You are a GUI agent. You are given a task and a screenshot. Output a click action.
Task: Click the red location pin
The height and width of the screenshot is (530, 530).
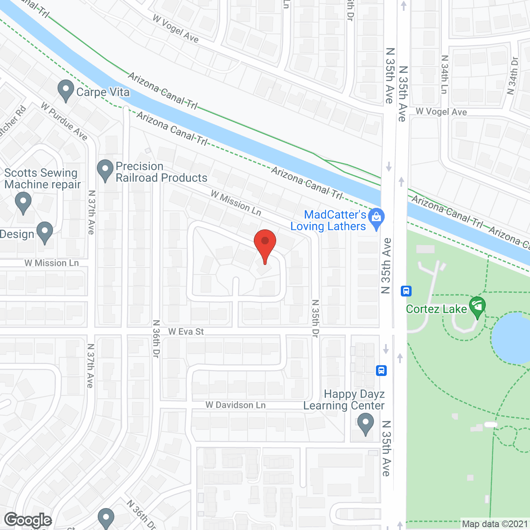265,244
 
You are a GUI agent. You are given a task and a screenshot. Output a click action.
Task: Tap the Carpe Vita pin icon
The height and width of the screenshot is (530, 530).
65,90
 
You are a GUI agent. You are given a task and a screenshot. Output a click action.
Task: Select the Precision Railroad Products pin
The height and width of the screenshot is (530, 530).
105,170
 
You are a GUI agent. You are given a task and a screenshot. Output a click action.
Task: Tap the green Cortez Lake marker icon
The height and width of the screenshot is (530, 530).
477,306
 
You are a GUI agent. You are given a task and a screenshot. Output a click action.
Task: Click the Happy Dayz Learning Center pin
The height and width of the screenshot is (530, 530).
365,425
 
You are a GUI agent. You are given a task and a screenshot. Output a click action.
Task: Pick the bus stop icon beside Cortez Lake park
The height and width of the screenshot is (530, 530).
406,291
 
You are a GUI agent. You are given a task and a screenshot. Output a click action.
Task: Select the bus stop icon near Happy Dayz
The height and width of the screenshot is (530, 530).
381,370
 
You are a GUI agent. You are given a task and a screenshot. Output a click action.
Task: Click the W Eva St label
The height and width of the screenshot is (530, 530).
186,332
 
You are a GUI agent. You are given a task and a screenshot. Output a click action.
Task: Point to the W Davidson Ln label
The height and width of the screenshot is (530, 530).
236,405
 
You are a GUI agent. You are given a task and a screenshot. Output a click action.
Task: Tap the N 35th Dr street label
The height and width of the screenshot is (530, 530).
316,318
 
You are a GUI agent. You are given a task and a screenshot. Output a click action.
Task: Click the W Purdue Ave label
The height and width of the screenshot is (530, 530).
64,121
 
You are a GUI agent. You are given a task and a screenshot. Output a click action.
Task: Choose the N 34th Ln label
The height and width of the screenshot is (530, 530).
444,75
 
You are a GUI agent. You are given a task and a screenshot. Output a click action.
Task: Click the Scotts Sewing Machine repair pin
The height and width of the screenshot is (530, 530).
23,203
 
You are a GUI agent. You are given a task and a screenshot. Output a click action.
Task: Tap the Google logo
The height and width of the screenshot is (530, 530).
28,520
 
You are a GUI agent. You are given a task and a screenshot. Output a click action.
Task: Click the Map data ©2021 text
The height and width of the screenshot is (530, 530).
495,524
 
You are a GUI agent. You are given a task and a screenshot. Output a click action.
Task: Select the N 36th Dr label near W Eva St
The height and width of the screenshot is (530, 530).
156,338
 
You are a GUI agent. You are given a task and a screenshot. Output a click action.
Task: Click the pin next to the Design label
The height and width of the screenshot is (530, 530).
45,232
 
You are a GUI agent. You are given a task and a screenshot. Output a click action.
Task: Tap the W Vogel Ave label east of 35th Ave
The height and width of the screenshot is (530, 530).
441,112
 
